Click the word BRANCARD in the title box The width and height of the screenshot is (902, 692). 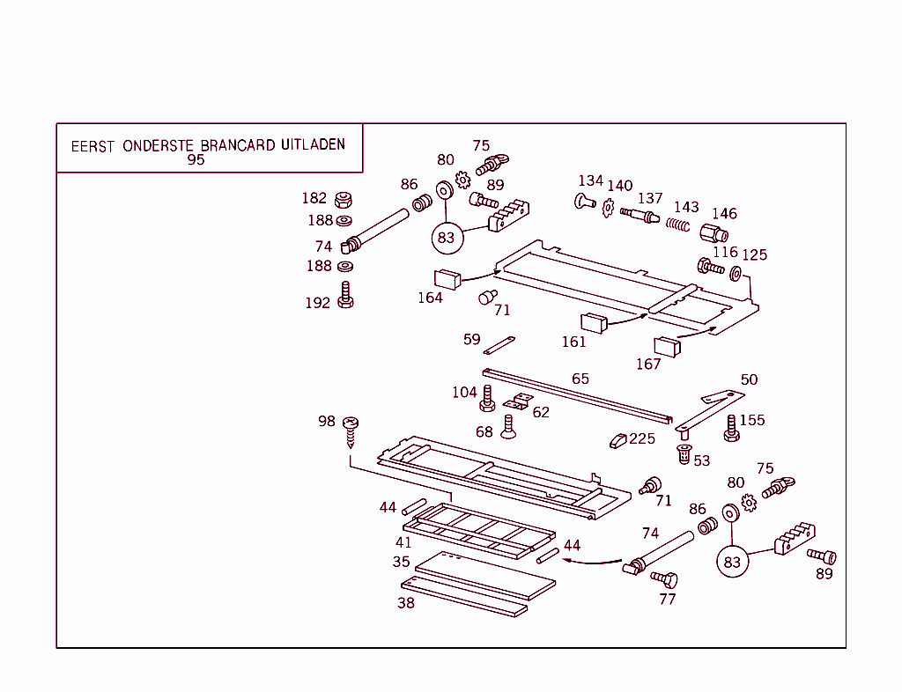pos(238,145)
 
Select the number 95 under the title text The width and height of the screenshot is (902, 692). pos(196,160)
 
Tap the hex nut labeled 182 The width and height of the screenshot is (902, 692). pos(343,200)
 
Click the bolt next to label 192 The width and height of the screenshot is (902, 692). pos(346,296)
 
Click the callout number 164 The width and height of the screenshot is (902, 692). pos(430,298)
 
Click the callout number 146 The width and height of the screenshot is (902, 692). pos(724,214)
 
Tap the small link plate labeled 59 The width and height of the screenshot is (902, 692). pos(499,343)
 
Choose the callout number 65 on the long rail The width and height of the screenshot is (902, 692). pos(580,379)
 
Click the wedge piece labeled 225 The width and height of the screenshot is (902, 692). pos(617,439)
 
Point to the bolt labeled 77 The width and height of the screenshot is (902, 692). pos(664,578)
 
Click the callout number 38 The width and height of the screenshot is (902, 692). pos(405,603)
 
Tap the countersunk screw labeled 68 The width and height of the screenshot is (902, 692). pos(508,426)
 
